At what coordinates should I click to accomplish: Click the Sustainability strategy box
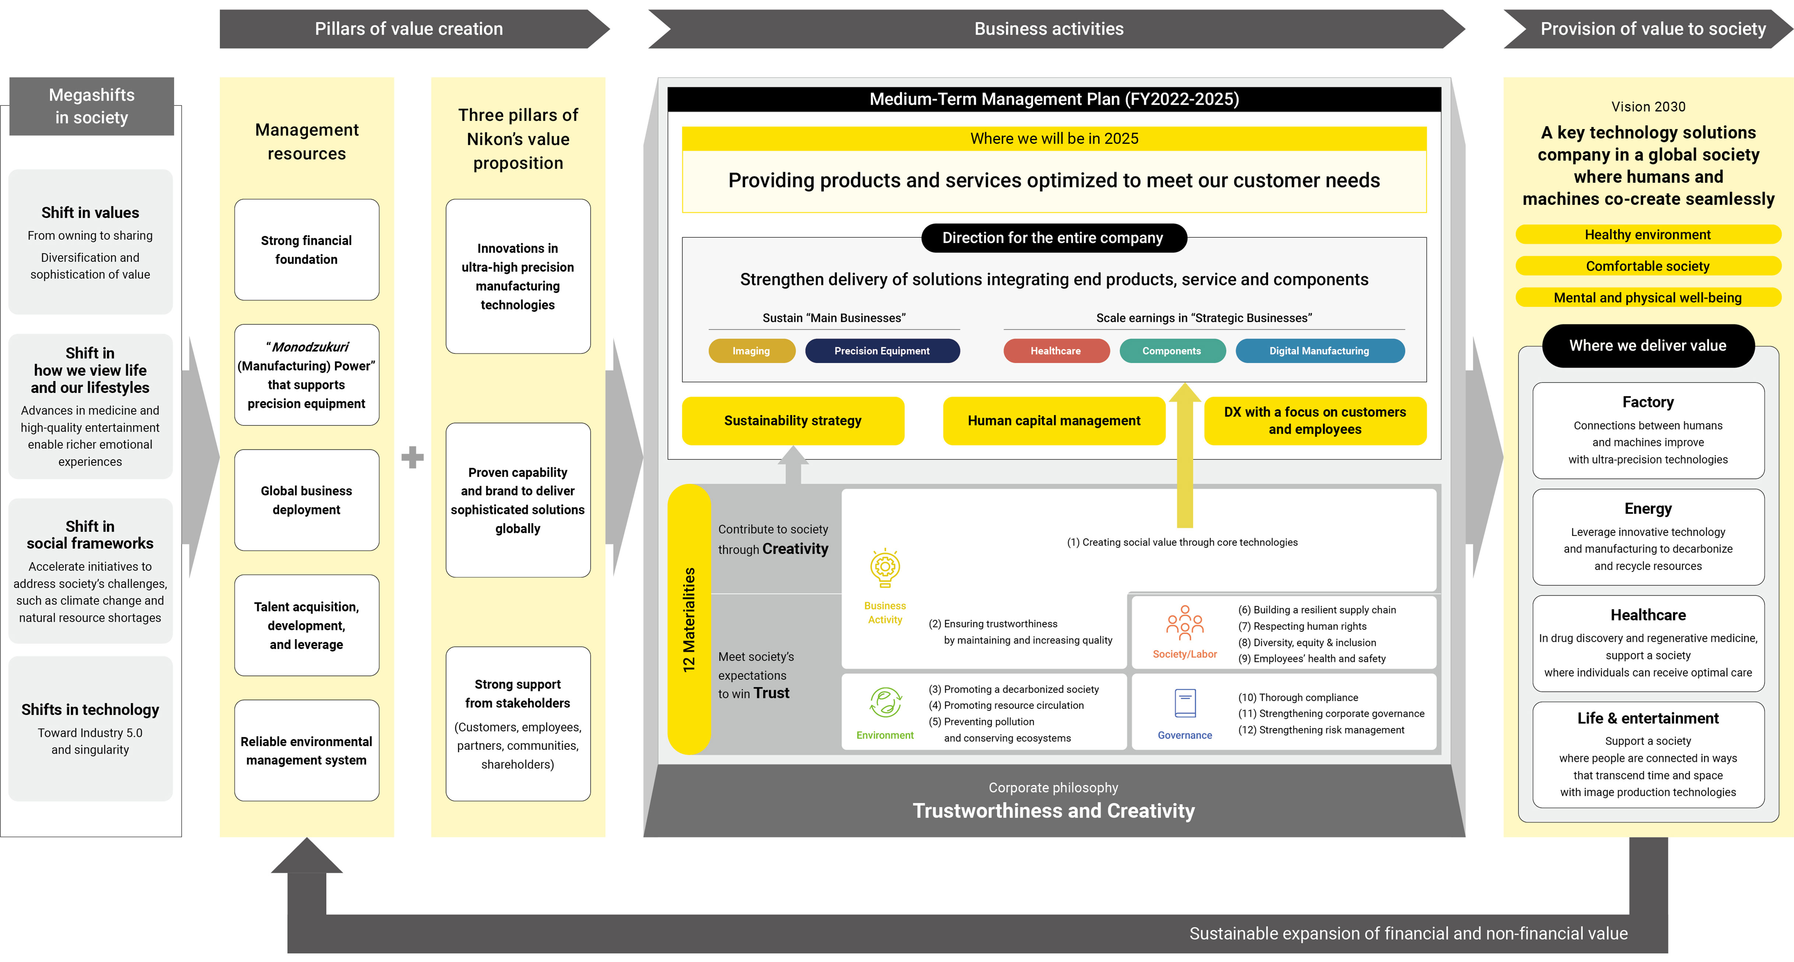pos(792,421)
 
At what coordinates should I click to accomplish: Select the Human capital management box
pos(1054,421)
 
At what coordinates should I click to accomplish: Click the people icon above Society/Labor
pos(1185,623)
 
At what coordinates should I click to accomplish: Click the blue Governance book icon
pos(1185,704)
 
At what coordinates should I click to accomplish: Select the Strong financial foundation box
pos(306,250)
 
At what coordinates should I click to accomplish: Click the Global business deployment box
pos(306,500)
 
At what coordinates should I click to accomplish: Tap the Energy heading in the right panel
pos(1648,509)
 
